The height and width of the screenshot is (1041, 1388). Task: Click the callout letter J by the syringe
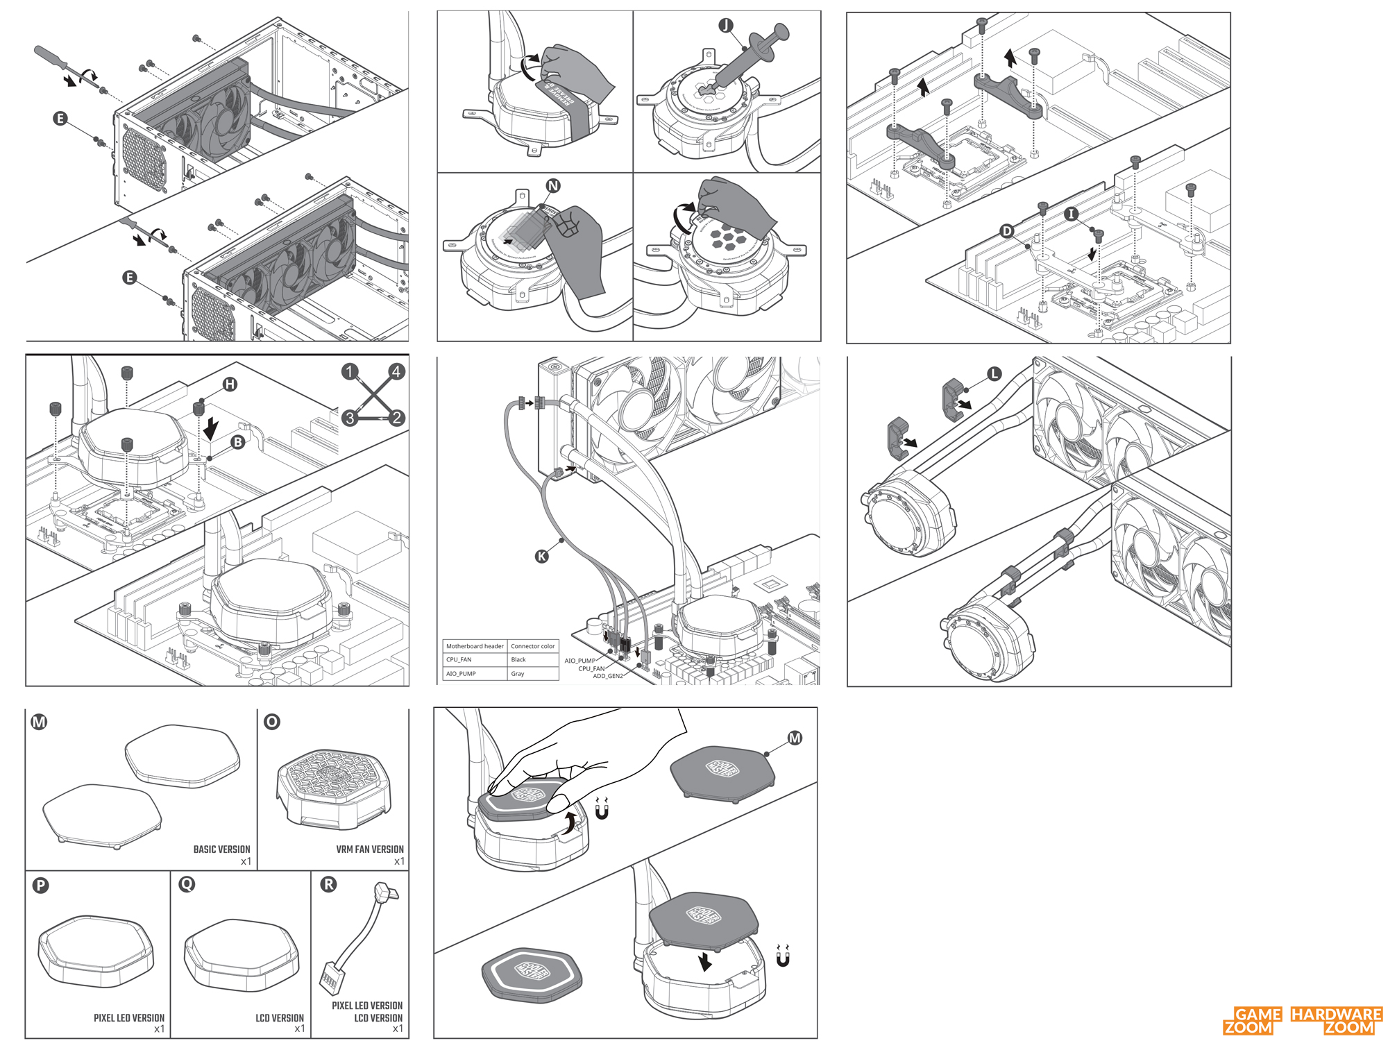(725, 26)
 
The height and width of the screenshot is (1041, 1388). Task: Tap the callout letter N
(553, 185)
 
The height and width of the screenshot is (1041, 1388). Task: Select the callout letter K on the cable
(542, 555)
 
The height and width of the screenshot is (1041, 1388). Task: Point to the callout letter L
(994, 374)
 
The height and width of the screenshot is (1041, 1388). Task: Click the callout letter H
(230, 384)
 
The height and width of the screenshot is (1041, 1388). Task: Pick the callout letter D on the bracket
(1007, 231)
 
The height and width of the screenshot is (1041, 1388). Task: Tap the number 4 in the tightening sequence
(396, 371)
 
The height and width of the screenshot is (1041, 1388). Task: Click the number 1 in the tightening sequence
(350, 371)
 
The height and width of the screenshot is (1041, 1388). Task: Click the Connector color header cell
(532, 646)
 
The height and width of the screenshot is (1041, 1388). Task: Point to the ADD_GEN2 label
(607, 676)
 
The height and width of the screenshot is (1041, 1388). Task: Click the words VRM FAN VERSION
(369, 849)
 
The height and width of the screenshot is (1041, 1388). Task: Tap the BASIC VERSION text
(221, 849)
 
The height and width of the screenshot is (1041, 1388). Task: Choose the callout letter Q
(187, 884)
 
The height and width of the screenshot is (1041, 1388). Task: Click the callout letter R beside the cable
(328, 884)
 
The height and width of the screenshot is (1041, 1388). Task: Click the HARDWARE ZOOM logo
(1336, 1020)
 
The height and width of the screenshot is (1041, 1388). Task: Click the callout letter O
(272, 722)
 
